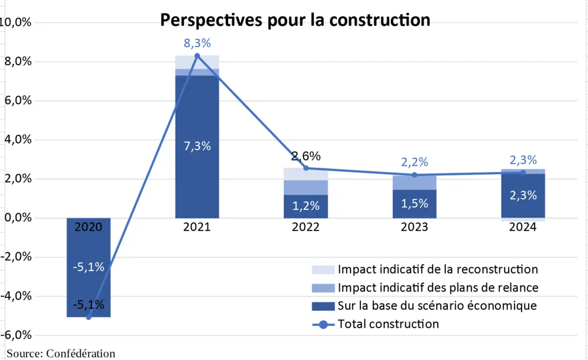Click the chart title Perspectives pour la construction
[x=296, y=19]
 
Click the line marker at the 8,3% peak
[x=197, y=56]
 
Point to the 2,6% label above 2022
[x=306, y=156]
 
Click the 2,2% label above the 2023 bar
[x=415, y=162]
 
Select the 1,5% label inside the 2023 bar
[x=415, y=203]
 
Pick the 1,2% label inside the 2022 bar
[x=306, y=205]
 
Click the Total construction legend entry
[x=388, y=324]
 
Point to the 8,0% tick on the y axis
[x=17, y=61]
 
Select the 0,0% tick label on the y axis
[x=17, y=218]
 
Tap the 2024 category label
[x=523, y=227]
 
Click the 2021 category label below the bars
[x=197, y=227]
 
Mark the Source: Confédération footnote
[x=61, y=354]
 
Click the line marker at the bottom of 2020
[x=89, y=317]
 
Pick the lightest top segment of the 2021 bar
[x=197, y=62]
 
